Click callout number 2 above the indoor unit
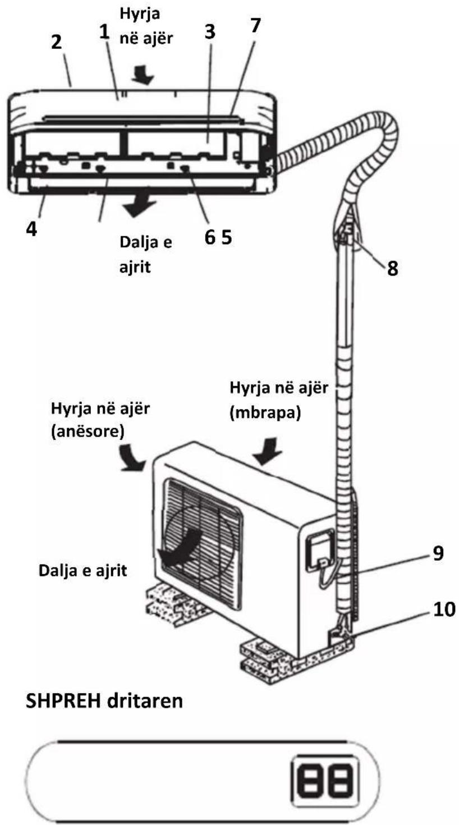pos(56,42)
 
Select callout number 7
pos(255,25)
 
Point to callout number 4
pos(31,229)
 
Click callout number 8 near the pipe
pos(393,268)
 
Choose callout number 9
pos(438,553)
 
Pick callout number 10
pos(444,609)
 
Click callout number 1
pos(105,32)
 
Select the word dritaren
pos(145,702)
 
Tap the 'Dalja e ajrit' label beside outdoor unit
pos(83,571)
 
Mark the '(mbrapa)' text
pos(265,412)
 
